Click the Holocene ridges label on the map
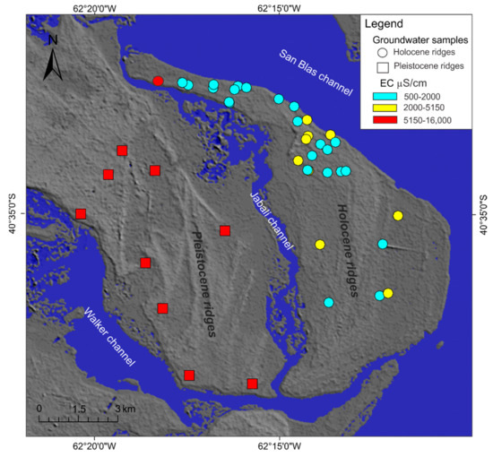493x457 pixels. [349, 249]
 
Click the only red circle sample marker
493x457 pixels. [158, 82]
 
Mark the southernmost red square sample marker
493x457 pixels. [252, 384]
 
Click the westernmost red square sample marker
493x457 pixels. [81, 213]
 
